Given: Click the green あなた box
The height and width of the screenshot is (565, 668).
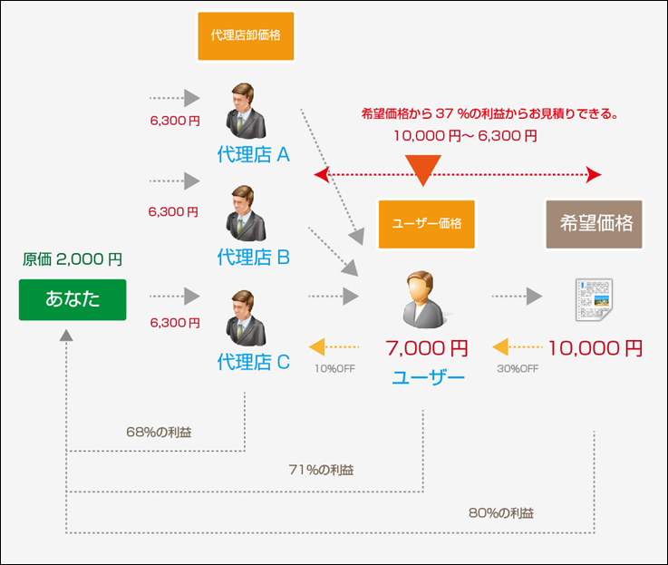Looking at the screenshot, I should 72,300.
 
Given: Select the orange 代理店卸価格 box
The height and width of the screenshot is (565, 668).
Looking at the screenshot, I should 246,36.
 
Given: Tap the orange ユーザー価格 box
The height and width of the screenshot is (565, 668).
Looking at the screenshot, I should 426,223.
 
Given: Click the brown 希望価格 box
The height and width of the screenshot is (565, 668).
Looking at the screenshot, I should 595,224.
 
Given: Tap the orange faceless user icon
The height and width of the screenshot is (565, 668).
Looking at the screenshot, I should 422,298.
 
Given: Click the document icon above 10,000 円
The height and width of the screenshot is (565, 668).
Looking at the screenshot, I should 595,298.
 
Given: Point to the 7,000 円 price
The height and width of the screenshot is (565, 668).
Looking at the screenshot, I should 427,347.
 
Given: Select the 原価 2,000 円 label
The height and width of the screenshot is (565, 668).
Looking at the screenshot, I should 72,259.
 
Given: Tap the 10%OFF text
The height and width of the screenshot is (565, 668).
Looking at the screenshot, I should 337,369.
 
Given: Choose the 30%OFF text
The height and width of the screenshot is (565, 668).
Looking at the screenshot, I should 518,369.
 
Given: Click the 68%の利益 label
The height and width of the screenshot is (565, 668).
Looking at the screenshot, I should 159,431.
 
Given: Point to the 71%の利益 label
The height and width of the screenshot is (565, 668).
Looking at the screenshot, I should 322,470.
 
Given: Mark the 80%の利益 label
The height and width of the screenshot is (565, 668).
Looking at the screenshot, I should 501,511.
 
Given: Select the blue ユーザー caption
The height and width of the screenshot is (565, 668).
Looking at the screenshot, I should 427,376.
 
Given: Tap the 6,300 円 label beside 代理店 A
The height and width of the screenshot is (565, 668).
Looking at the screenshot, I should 174,119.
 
